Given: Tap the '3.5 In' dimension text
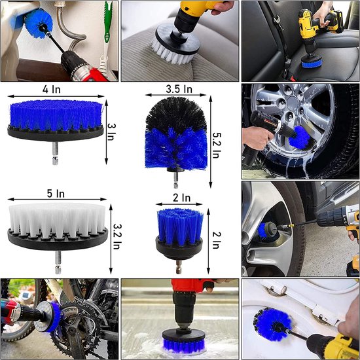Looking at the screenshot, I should [x=178, y=88].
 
